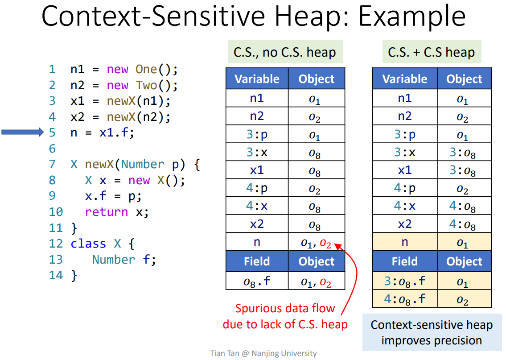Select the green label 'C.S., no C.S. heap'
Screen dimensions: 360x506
284,53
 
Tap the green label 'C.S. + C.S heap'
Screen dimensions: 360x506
431,53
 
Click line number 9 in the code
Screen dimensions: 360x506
52,196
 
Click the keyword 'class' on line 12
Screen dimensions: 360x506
88,244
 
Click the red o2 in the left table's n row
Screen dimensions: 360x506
325,244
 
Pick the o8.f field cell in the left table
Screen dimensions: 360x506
257,281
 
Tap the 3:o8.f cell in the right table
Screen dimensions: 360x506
404,281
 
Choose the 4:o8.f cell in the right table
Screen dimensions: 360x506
404,299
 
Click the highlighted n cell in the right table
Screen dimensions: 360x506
404,242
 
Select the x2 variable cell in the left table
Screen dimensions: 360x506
257,224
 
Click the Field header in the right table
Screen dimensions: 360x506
404,261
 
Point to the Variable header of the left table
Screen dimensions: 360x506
257,79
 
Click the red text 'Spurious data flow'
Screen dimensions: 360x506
285,308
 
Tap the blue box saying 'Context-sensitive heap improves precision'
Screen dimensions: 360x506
431,333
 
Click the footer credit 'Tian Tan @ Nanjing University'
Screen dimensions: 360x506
263,353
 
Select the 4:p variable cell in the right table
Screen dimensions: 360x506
404,188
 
